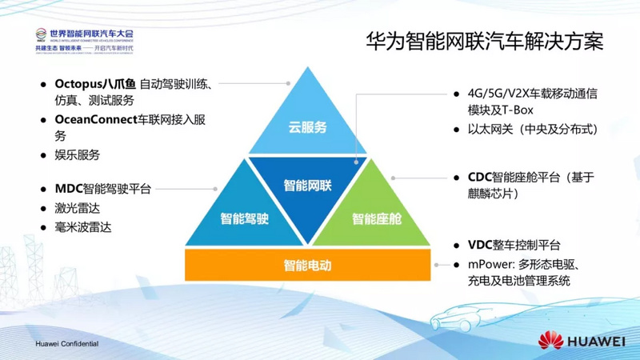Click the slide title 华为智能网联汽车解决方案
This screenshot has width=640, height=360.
484,40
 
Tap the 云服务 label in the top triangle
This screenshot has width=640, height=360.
308,127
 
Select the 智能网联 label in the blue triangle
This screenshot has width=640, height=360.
308,186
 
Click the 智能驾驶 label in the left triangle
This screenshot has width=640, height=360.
244,218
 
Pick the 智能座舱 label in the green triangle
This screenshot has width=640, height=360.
376,218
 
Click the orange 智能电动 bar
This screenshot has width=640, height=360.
308,264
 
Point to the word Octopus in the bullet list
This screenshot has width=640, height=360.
82,83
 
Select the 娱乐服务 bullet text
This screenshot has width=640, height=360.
78,154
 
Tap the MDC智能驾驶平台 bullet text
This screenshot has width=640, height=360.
102,190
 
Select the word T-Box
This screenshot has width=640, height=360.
517,110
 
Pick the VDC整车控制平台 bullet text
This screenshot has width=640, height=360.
514,245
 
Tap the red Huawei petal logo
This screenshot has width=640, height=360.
551,340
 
